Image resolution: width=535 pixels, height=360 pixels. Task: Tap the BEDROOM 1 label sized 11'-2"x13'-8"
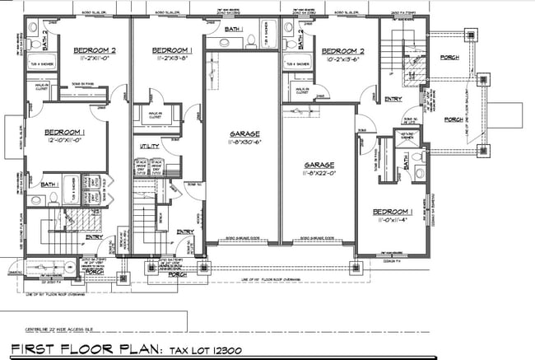(174, 49)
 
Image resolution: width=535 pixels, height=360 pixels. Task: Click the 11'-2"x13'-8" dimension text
(174, 59)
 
